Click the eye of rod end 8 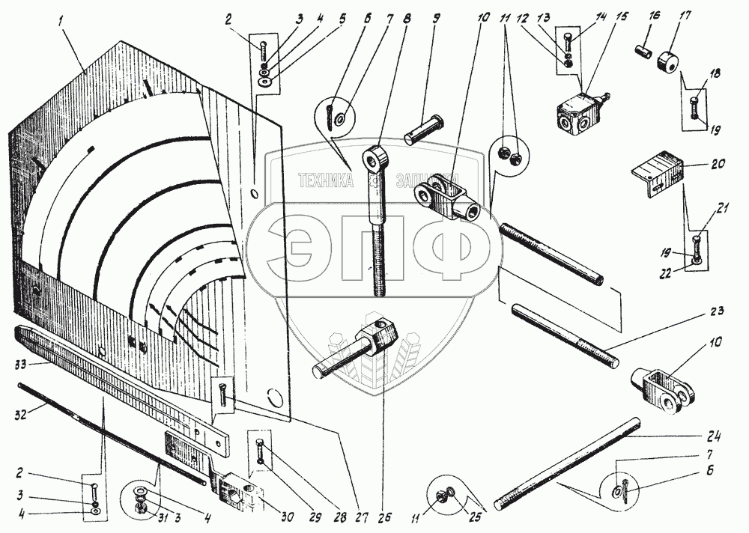[x=374, y=159]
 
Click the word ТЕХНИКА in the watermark [x=326, y=180]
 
